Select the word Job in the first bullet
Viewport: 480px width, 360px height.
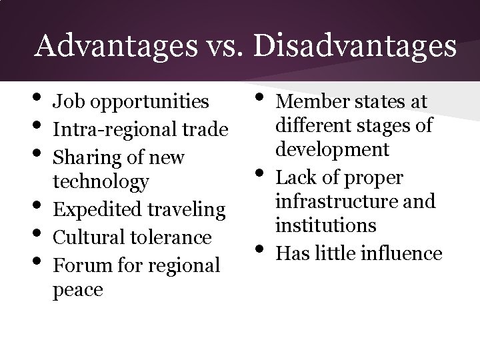(x=67, y=102)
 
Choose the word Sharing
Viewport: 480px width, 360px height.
(x=87, y=158)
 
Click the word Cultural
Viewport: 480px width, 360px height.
(x=83, y=237)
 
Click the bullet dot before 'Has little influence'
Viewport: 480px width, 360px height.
(x=261, y=250)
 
